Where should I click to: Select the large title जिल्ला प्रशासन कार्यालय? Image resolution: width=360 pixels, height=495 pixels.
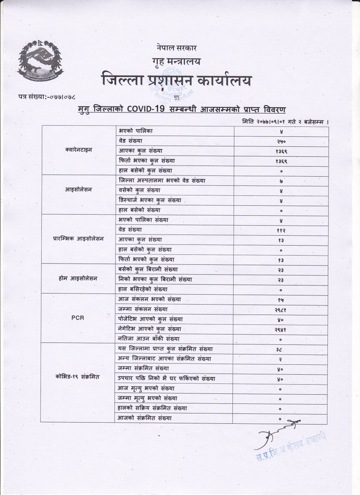pos(177,80)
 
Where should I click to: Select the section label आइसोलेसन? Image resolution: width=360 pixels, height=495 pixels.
pos(79,190)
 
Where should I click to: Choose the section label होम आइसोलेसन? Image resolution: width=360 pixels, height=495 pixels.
pos(79,279)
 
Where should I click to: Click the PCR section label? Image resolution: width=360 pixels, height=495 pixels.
pos(78,318)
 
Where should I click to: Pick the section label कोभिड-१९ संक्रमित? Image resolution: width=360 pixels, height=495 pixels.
pos(78,377)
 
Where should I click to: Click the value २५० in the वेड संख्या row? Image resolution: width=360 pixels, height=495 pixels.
pos(281,141)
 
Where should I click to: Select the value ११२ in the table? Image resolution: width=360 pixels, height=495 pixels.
pos(281,230)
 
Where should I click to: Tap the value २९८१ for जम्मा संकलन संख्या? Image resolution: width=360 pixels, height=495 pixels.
pos(281,309)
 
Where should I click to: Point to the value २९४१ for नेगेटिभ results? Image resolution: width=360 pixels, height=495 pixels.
pos(281,329)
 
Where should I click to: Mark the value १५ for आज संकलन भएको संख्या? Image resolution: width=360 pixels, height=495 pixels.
pos(281,300)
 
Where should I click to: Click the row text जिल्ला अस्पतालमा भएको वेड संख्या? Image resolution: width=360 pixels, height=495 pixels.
pos(162,180)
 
